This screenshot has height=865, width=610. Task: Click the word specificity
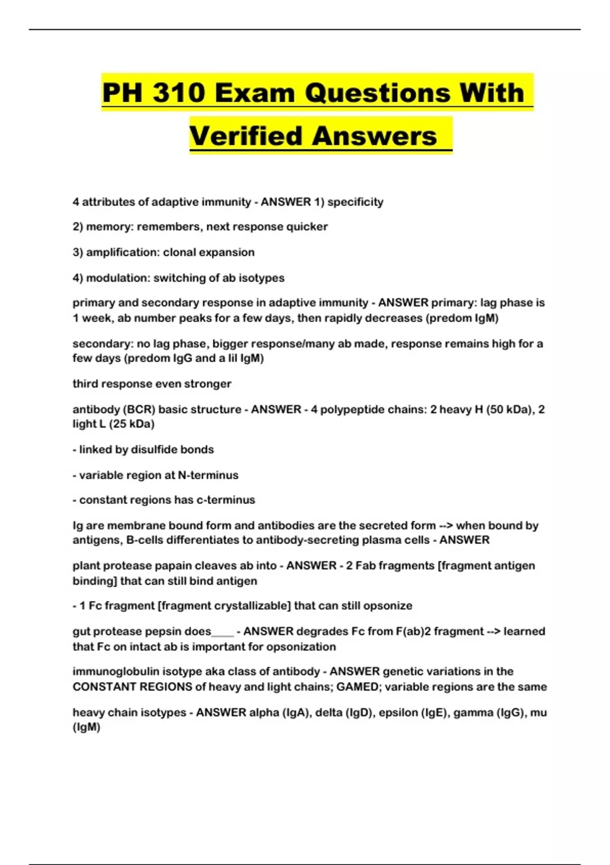coord(355,202)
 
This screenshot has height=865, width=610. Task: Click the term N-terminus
coord(208,475)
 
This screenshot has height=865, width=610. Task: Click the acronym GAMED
coord(357,687)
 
